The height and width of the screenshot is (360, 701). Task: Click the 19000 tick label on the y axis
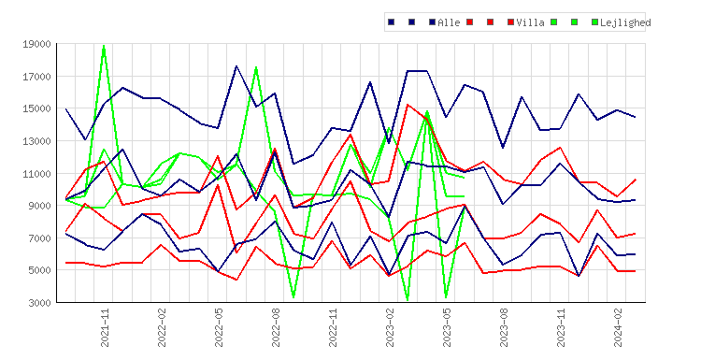click(36, 44)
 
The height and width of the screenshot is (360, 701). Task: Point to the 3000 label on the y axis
click(39, 303)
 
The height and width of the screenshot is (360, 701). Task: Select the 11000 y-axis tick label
click(36, 174)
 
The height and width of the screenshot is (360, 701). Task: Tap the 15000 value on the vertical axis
click(36, 108)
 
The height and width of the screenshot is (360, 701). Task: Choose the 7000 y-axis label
click(39, 238)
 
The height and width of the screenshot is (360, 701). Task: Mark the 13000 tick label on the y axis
click(36, 141)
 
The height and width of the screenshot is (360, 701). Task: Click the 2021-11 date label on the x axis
click(105, 327)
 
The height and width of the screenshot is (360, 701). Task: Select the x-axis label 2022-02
click(162, 327)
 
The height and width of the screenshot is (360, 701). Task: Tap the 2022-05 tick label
click(219, 327)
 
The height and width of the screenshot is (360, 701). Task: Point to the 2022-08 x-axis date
click(276, 327)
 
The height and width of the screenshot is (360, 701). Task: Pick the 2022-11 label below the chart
click(333, 327)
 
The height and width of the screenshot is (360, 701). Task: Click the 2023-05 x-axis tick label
click(447, 327)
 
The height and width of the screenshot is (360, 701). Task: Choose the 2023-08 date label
click(505, 327)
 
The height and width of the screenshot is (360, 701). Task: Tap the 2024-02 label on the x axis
click(619, 327)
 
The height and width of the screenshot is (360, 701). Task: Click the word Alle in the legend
click(449, 22)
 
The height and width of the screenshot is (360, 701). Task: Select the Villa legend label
click(530, 22)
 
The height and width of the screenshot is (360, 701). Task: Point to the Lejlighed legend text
click(625, 22)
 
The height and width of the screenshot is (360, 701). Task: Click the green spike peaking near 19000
click(104, 46)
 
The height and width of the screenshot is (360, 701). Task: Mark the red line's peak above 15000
click(408, 105)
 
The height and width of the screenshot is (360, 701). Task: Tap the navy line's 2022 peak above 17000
click(236, 66)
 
